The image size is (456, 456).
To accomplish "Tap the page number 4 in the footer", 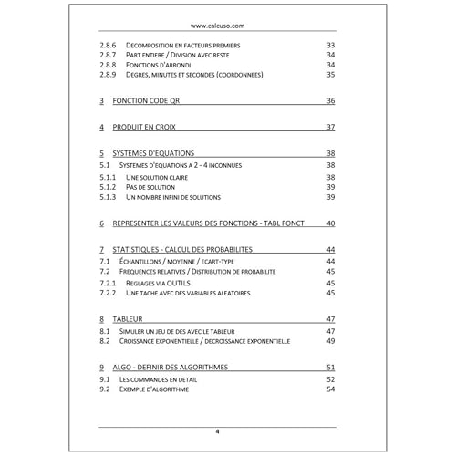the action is coord(217,432).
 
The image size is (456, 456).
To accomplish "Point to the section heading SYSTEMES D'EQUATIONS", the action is coord(162,152).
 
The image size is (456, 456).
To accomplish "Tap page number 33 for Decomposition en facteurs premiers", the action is coord(330,44).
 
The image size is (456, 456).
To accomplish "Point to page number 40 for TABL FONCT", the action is coord(330,223).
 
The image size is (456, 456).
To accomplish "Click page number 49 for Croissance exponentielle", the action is coord(330,341).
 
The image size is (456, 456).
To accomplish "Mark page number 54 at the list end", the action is coord(330,389).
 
